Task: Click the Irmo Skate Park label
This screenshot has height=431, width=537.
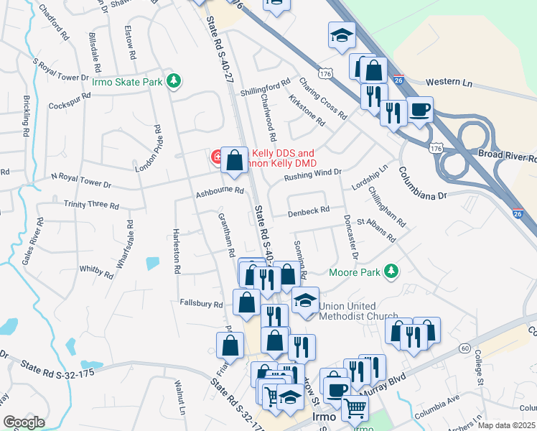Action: tap(127, 82)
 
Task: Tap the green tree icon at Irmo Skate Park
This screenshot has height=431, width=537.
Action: tap(172, 80)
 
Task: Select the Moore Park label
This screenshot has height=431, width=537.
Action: tap(355, 272)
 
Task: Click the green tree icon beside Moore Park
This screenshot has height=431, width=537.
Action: tap(391, 272)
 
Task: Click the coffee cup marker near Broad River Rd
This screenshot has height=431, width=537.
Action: tap(421, 110)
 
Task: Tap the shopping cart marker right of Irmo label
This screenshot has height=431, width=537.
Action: tap(355, 408)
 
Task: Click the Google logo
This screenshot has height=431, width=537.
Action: tap(24, 422)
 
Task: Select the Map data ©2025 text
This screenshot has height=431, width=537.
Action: tap(506, 425)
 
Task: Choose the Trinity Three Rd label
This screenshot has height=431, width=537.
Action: tap(91, 205)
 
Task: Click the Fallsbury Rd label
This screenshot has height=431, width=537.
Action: tap(202, 304)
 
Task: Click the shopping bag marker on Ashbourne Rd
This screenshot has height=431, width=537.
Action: tap(235, 159)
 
